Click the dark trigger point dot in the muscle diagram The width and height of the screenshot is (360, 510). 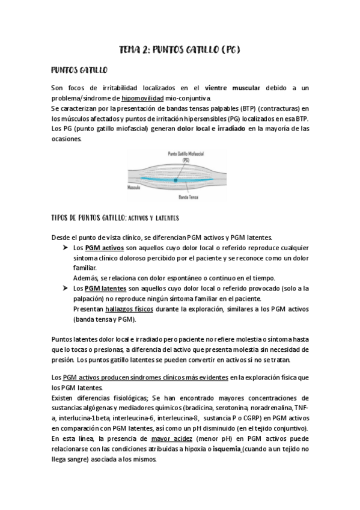click(175, 179)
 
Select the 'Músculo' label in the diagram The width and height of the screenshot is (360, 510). click(134, 187)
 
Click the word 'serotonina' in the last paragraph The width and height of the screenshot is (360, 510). click(197, 408)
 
